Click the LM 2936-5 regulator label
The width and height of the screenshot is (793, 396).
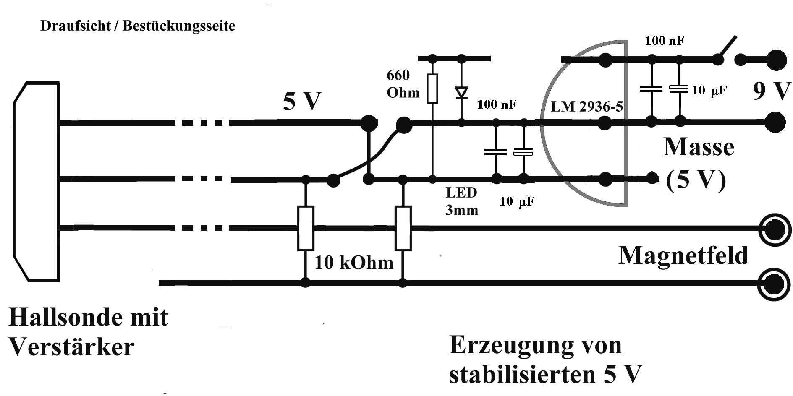(586, 107)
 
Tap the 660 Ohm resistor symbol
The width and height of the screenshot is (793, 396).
(432, 88)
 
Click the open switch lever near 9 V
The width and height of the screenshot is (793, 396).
(728, 48)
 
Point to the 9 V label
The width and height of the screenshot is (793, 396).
(772, 91)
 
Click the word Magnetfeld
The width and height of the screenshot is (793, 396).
(683, 255)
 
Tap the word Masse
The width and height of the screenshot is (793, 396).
(699, 147)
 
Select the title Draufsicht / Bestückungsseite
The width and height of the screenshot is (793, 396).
(138, 26)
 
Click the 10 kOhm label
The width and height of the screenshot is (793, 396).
(354, 263)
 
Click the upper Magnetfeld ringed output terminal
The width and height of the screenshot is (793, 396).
(775, 229)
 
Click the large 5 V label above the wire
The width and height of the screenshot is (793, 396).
(302, 102)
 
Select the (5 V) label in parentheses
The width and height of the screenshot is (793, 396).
(696, 180)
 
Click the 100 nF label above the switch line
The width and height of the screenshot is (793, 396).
(665, 41)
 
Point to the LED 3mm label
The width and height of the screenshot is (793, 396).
(461, 201)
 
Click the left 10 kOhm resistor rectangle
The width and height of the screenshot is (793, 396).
(306, 228)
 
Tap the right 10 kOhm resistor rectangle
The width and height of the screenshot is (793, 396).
(403, 228)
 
